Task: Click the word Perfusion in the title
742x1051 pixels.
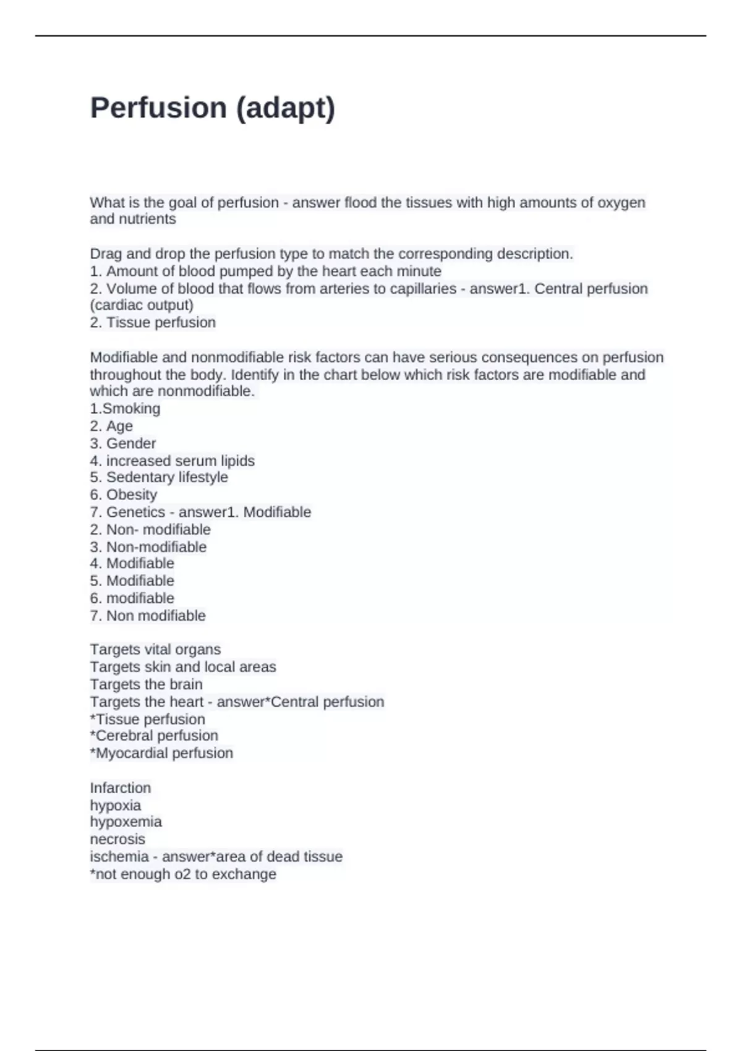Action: [x=158, y=108]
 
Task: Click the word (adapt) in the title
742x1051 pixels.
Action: [x=286, y=109]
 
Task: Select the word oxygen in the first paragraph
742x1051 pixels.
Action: [x=621, y=203]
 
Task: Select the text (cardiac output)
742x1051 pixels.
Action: [x=142, y=305]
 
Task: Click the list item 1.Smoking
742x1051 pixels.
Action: [x=125, y=409]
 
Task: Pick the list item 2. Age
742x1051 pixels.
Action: [x=111, y=427]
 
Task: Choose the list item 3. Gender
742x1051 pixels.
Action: [x=122, y=443]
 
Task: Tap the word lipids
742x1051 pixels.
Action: [x=237, y=461]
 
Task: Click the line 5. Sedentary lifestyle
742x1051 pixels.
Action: [x=159, y=477]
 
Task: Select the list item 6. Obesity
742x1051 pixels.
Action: [x=124, y=495]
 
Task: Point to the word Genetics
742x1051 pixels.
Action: [x=135, y=513]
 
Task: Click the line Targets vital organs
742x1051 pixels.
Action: [x=155, y=650]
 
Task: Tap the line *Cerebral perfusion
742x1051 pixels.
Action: [x=154, y=736]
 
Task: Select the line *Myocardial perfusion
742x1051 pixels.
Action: [x=161, y=753]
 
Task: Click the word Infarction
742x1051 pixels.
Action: [x=121, y=788]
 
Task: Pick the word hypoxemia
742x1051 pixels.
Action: [x=126, y=822]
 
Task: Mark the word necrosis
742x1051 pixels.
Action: [x=117, y=840]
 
